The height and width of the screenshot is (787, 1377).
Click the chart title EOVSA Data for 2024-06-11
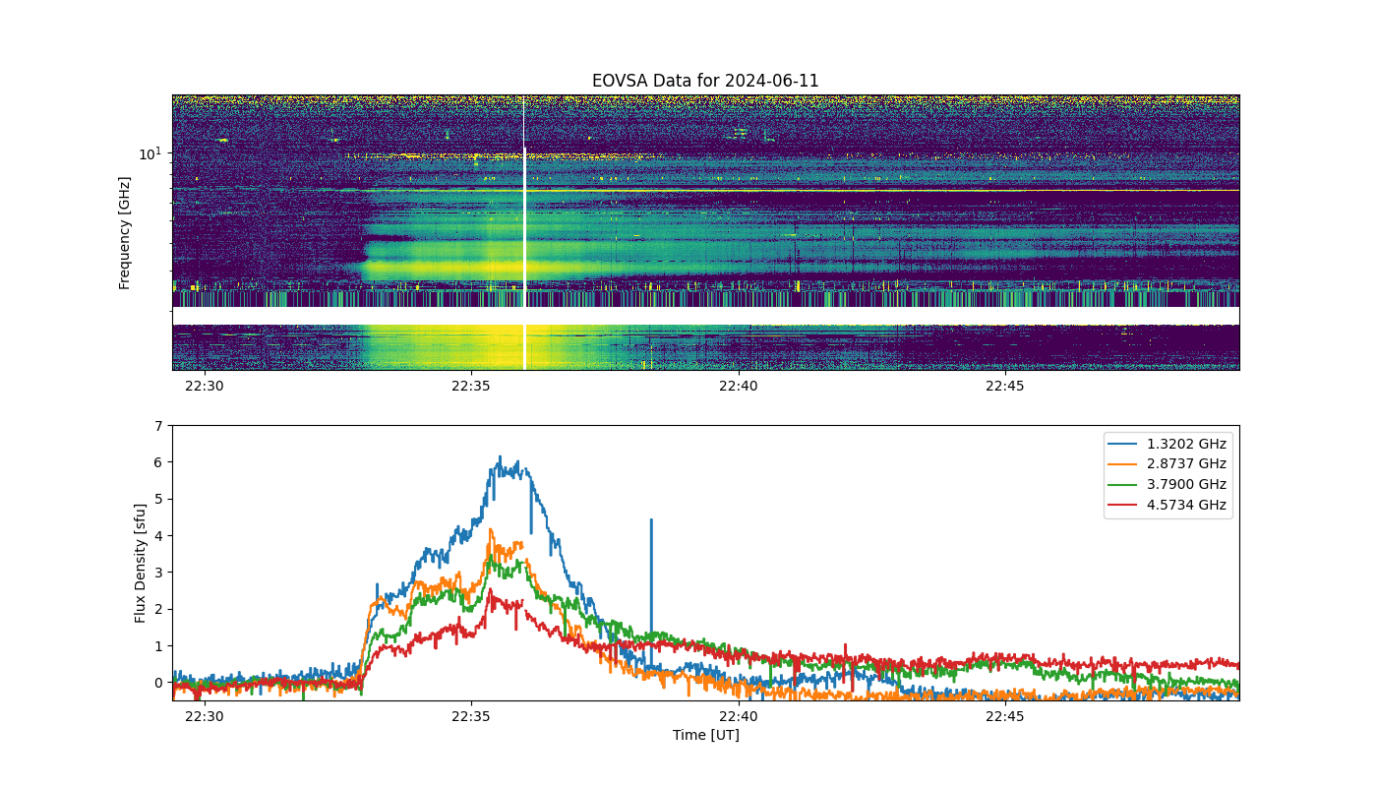tap(705, 81)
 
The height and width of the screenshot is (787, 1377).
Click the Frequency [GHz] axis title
tap(124, 233)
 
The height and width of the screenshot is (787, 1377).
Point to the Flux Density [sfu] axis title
tap(140, 563)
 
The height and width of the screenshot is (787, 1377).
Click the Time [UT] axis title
tap(706, 735)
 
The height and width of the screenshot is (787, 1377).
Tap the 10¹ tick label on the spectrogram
tap(150, 153)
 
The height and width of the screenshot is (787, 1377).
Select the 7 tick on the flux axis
tap(158, 426)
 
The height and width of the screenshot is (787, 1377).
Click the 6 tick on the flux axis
tap(158, 462)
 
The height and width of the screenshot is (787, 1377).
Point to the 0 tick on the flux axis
tap(158, 683)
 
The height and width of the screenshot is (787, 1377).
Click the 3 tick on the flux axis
tap(158, 573)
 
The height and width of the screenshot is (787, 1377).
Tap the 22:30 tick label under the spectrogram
tap(205, 386)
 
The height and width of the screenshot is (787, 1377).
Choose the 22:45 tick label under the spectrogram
tap(1005, 386)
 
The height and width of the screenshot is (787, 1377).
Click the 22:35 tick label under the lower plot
tap(471, 716)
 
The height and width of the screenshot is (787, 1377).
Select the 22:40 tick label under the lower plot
tap(739, 716)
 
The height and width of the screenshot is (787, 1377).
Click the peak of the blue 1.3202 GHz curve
tap(500, 456)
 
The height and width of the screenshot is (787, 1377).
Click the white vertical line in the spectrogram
tap(524, 232)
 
